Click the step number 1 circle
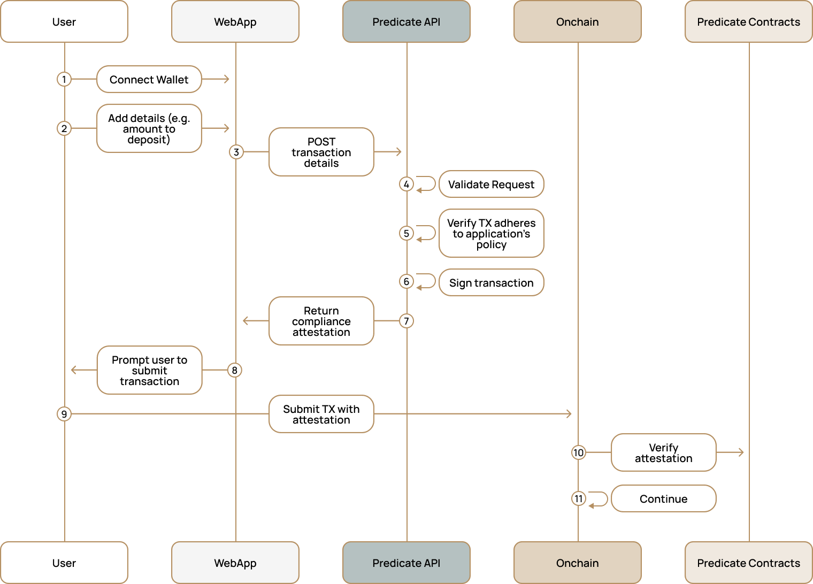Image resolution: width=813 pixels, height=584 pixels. (x=64, y=79)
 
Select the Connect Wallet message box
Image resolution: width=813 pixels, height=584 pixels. (x=149, y=79)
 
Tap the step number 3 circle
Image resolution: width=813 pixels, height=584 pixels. (x=236, y=152)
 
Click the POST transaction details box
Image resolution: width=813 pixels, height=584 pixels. (x=321, y=152)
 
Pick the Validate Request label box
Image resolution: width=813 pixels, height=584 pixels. (x=491, y=184)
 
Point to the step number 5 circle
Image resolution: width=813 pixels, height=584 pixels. (x=406, y=233)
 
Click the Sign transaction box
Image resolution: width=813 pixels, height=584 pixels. (x=491, y=282)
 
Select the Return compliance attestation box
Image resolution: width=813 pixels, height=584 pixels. (x=321, y=321)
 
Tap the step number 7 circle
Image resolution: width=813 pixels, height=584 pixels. (x=406, y=321)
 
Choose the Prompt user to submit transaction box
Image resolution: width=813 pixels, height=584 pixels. (x=149, y=370)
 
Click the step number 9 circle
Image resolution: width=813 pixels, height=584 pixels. (x=64, y=414)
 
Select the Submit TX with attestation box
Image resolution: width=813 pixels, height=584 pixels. (x=321, y=414)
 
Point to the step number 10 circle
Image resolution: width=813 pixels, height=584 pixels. (x=578, y=452)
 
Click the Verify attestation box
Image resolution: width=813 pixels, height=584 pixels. (x=663, y=452)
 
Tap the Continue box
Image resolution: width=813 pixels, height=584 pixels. (x=663, y=498)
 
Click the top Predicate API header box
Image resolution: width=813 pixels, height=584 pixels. (x=406, y=21)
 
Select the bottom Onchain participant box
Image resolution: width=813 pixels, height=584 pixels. (x=578, y=563)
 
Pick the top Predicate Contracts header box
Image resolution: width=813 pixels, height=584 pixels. (x=749, y=21)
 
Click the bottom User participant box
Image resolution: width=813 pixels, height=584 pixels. (x=64, y=563)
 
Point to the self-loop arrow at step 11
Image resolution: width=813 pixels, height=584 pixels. (x=599, y=499)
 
